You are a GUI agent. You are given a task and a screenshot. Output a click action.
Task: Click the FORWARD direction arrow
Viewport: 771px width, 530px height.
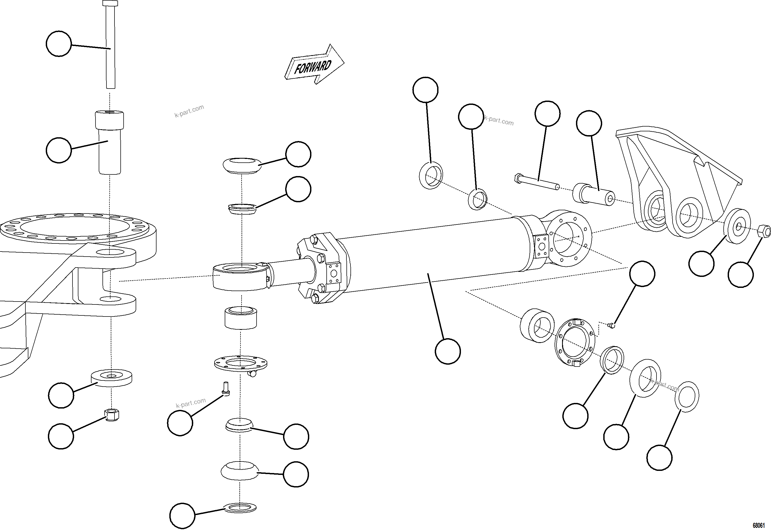[314, 65]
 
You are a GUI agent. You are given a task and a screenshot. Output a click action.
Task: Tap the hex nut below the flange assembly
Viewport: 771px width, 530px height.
[112, 415]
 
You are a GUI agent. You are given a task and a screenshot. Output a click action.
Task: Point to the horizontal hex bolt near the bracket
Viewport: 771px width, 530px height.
[536, 183]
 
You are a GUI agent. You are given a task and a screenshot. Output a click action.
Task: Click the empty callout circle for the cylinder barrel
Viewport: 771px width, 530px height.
[448, 351]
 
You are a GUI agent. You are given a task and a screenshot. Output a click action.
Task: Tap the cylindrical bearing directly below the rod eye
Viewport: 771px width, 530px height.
[241, 318]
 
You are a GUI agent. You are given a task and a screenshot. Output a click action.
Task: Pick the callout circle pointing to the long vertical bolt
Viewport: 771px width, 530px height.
[59, 44]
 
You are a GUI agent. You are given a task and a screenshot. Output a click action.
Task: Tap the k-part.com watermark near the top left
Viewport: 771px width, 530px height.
[189, 111]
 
